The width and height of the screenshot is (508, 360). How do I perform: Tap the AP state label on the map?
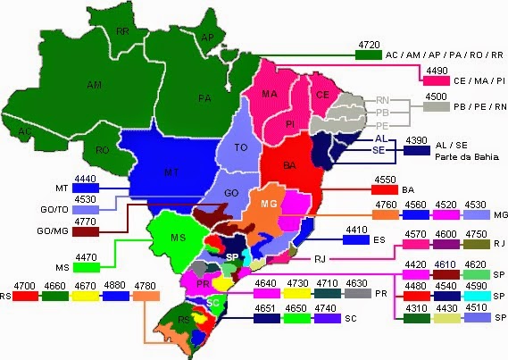click(x=207, y=38)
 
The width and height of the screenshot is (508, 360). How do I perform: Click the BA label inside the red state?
click(x=289, y=165)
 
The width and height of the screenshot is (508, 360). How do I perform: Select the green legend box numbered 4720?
click(x=368, y=55)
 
